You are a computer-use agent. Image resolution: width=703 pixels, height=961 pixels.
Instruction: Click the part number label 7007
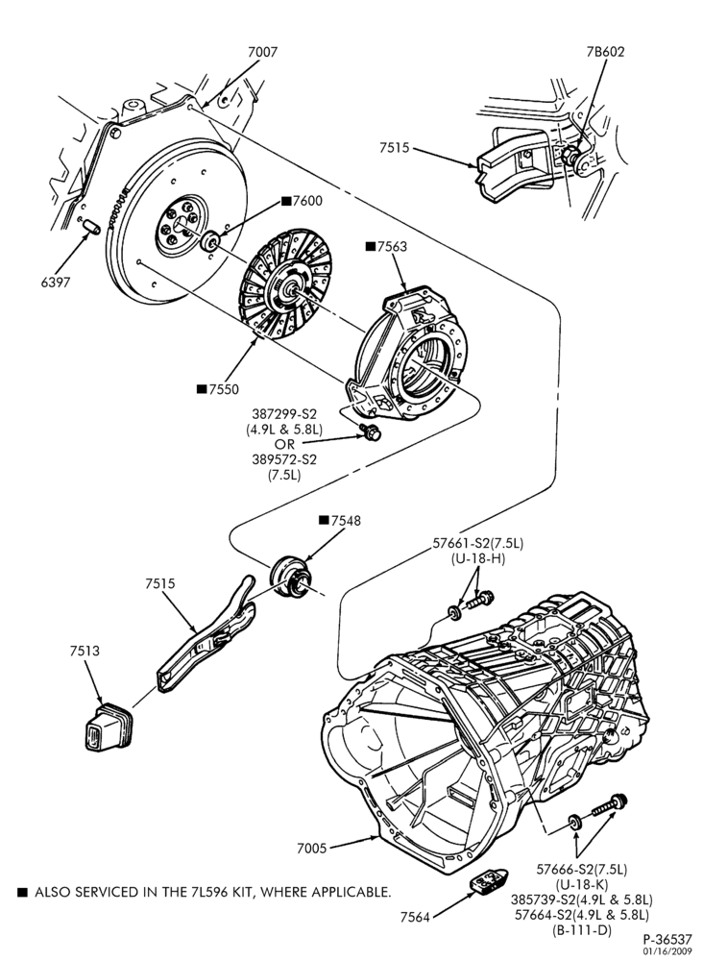pyautogui.click(x=263, y=52)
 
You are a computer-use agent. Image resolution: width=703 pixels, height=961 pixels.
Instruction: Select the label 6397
pyautogui.click(x=56, y=282)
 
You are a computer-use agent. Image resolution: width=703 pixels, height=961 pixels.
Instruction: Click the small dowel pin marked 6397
pyautogui.click(x=91, y=226)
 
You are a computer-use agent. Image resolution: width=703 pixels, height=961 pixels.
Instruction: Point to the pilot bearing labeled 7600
pyautogui.click(x=210, y=241)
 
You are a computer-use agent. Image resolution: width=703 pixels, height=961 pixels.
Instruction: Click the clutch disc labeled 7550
pyautogui.click(x=285, y=283)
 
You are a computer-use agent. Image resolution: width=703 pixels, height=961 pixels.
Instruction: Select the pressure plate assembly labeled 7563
pyautogui.click(x=411, y=357)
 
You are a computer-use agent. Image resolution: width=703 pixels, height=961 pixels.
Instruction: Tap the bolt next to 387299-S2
pyautogui.click(x=370, y=431)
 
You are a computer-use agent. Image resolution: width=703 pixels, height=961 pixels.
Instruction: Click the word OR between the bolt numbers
pyautogui.click(x=284, y=444)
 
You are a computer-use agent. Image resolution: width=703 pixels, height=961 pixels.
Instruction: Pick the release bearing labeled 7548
pyautogui.click(x=290, y=576)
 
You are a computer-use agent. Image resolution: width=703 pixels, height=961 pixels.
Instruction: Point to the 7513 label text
pyautogui.click(x=84, y=651)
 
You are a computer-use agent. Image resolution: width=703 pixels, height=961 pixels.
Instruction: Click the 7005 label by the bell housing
pyautogui.click(x=312, y=849)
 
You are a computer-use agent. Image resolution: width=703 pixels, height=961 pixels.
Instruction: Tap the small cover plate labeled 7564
pyautogui.click(x=488, y=882)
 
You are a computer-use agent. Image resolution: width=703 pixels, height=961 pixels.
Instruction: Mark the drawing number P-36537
pyautogui.click(x=667, y=940)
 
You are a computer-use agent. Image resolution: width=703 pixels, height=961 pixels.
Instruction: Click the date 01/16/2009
pyautogui.click(x=667, y=951)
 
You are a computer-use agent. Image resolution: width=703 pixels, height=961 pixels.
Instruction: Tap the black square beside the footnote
pyautogui.click(x=22, y=892)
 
